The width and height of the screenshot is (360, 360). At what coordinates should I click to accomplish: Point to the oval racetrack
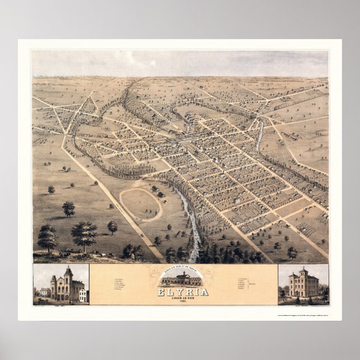[140, 204]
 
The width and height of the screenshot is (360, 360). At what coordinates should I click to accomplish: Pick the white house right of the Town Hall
[83, 295]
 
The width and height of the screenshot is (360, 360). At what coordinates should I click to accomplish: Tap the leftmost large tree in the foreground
[47, 237]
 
